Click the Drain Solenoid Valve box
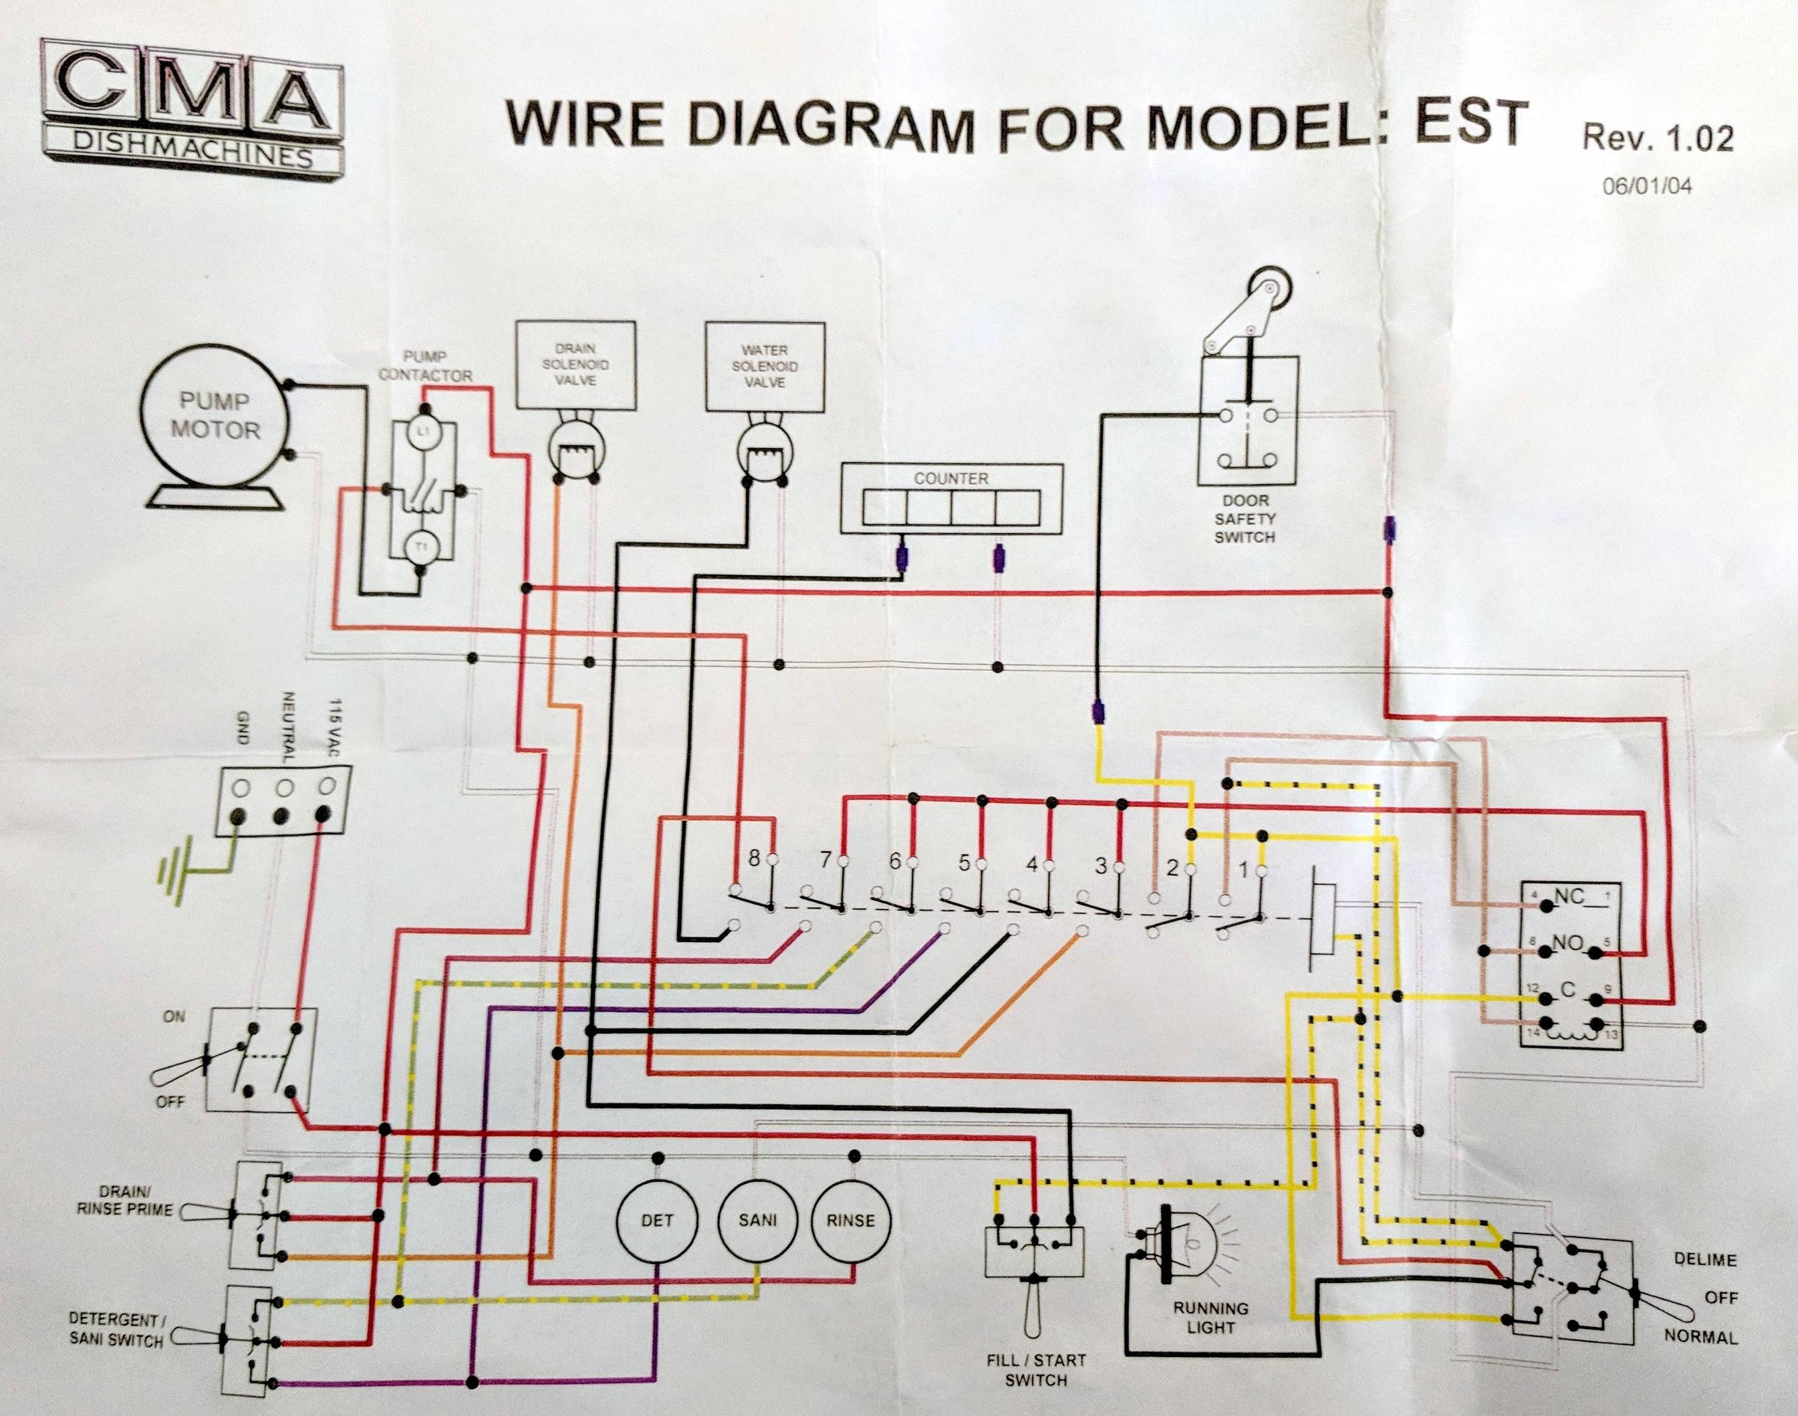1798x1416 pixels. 576,365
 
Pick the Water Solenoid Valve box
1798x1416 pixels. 765,366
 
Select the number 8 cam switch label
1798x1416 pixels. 753,859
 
